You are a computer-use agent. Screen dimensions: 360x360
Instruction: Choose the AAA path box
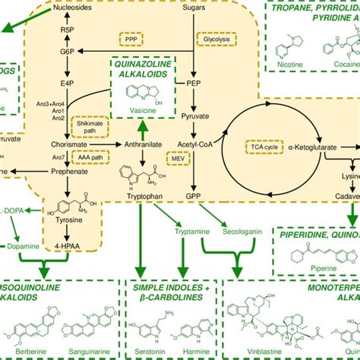point(90,155)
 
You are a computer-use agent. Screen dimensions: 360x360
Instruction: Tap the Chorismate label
point(64,143)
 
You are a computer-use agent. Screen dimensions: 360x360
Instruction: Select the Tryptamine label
point(188,229)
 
